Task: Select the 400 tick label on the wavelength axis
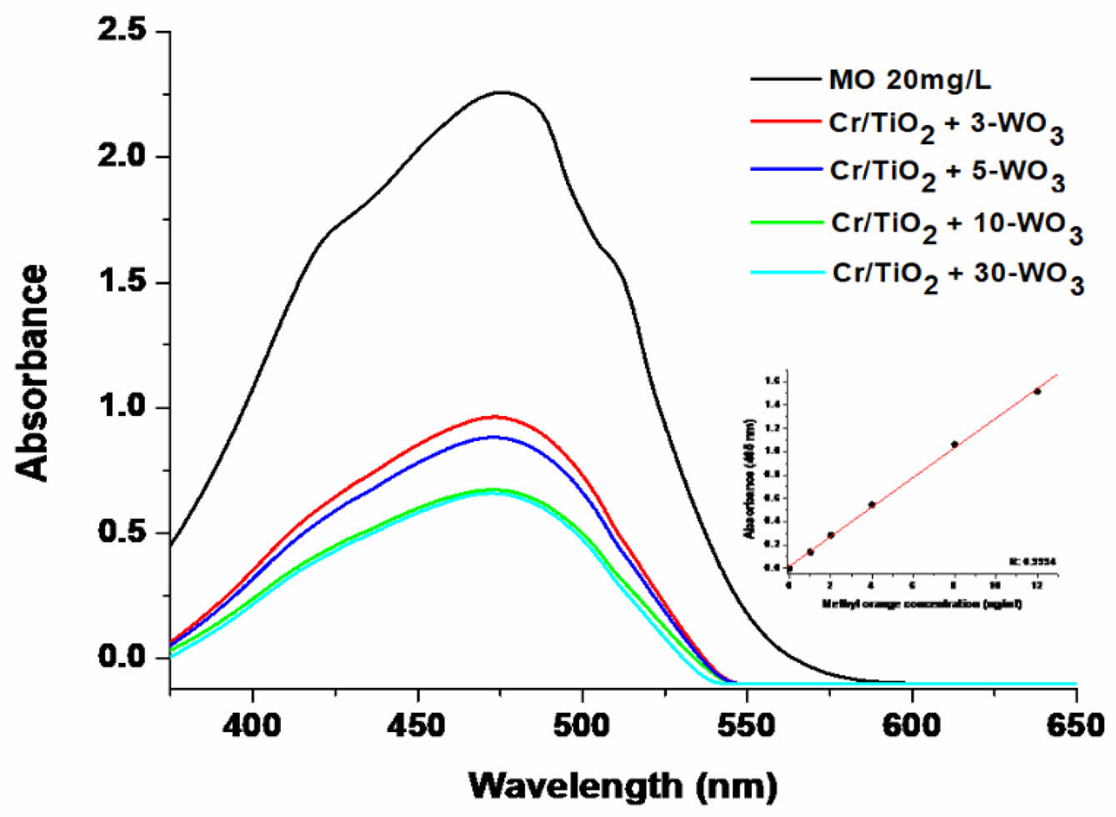[x=252, y=725]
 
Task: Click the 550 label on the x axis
[x=747, y=725]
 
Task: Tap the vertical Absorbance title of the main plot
[x=33, y=373]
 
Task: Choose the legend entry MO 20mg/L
[x=909, y=80]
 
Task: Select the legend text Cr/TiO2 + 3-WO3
[x=946, y=127]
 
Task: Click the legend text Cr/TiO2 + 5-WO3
[x=947, y=174]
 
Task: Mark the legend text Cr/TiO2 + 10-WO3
[x=957, y=228]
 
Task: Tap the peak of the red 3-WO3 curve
[x=494, y=416]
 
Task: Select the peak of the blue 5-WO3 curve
[x=494, y=436]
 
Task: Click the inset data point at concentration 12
[x=1037, y=391]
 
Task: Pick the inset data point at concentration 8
[x=954, y=444]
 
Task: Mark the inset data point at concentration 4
[x=872, y=504]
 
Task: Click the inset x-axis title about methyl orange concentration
[x=922, y=604]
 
